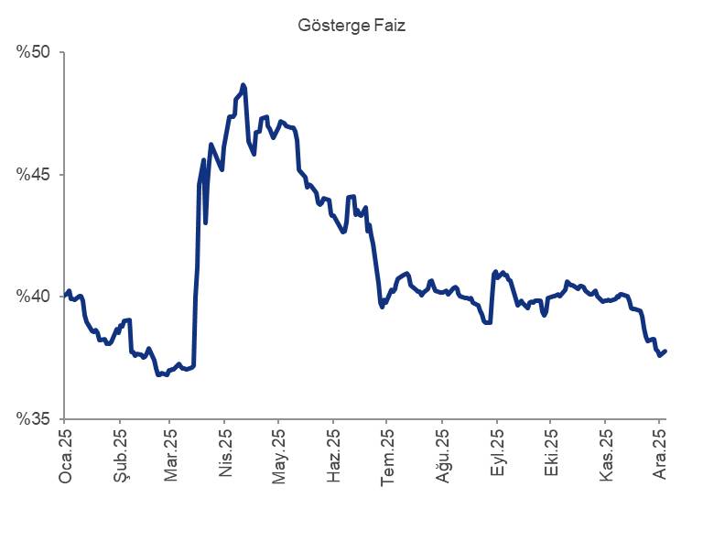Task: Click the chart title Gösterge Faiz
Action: pos(351,26)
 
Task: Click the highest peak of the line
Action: pos(243,85)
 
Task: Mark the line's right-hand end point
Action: pos(665,351)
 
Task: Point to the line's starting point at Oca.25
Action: pos(64,295)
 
